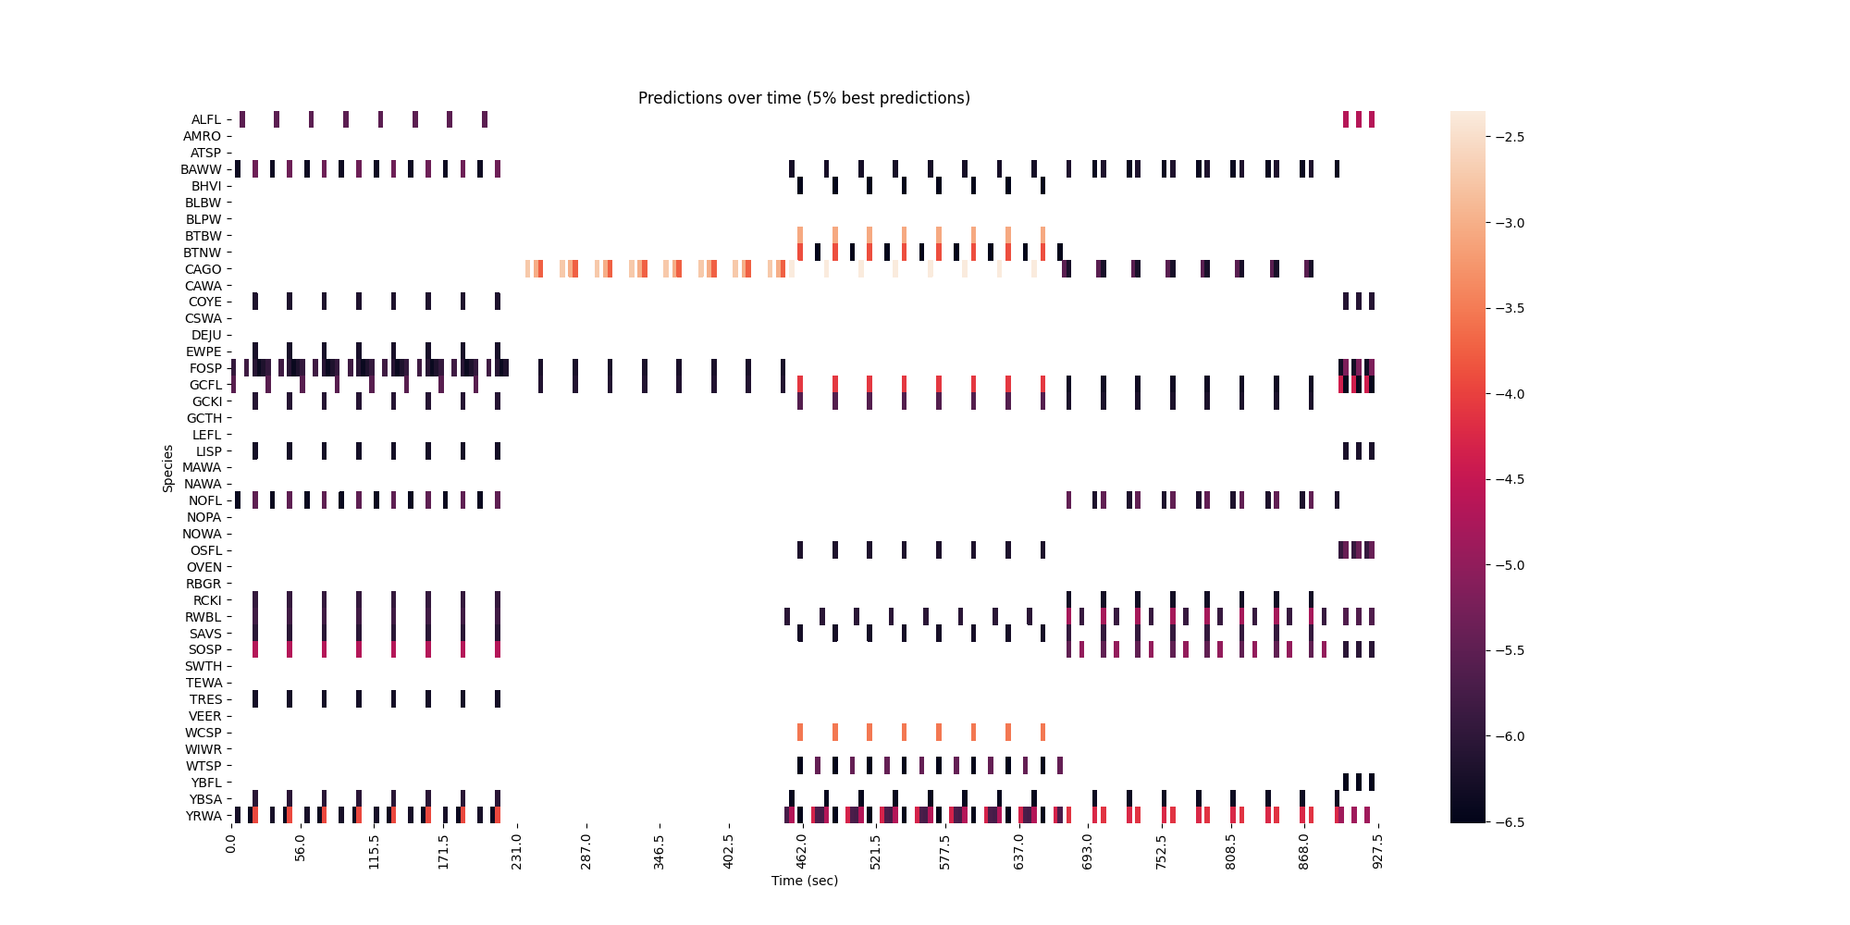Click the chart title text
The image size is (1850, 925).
click(804, 98)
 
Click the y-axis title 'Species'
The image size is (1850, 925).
click(168, 468)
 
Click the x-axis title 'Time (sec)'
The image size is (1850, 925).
click(804, 881)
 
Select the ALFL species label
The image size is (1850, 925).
click(206, 119)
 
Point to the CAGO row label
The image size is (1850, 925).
click(203, 269)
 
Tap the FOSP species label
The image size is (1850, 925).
click(205, 368)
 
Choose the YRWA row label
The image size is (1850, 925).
click(203, 816)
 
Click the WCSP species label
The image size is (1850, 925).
click(203, 733)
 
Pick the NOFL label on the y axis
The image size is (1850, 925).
click(205, 500)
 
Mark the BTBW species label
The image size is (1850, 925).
click(203, 236)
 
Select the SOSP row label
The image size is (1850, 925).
click(205, 649)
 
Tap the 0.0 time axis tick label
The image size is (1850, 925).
click(231, 844)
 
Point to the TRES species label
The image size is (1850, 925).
click(205, 699)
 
